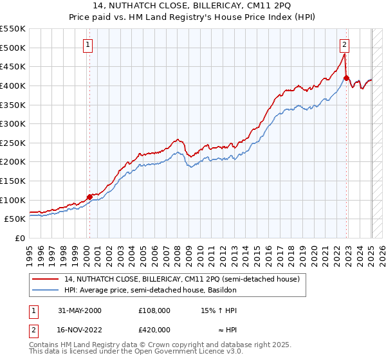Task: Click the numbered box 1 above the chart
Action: (x=87, y=44)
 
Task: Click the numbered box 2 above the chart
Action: (x=345, y=44)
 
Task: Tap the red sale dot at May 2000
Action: (x=89, y=197)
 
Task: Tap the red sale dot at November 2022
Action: (x=346, y=78)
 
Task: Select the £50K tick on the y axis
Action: (x=15, y=219)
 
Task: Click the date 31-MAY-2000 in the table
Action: (x=79, y=310)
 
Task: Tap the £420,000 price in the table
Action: (x=154, y=329)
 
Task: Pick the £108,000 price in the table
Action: (x=154, y=310)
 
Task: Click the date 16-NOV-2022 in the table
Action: (x=80, y=329)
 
